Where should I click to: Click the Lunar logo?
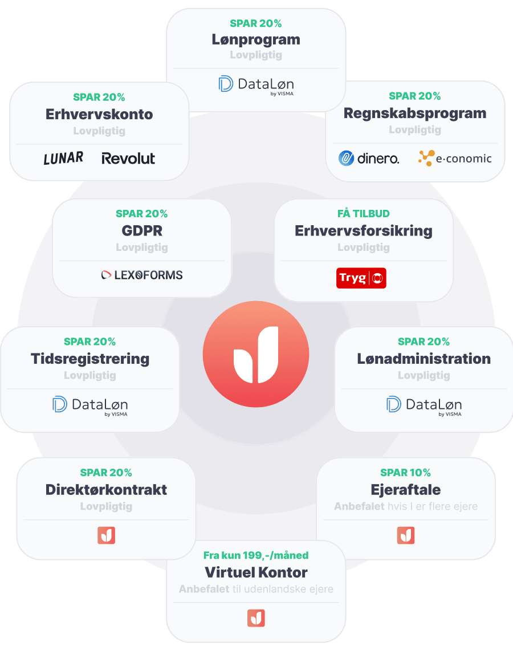click(63, 159)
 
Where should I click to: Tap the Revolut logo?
click(128, 159)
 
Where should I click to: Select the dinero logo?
click(369, 158)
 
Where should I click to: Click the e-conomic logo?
click(454, 158)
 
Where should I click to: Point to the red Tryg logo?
click(361, 278)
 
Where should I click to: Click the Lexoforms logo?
click(142, 275)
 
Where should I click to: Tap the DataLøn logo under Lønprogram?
click(256, 85)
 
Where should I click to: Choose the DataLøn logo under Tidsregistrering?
click(90, 405)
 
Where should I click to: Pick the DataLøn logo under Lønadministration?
click(424, 405)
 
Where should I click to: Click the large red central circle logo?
click(256, 355)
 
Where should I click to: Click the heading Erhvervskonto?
click(99, 114)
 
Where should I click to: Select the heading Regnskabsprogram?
click(415, 113)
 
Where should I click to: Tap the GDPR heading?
click(142, 230)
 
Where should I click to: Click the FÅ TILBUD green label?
click(364, 214)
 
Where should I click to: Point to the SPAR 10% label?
click(405, 473)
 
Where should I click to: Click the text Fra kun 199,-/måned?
click(256, 555)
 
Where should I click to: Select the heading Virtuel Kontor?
click(256, 572)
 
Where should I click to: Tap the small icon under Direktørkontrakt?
click(107, 535)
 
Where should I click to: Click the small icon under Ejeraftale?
click(406, 535)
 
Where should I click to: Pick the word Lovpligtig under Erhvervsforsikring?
click(364, 247)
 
